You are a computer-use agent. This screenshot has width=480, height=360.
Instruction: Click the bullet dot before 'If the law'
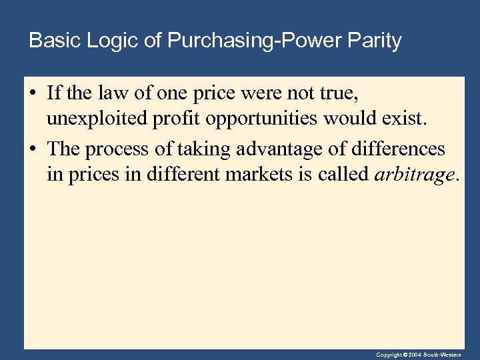point(33,92)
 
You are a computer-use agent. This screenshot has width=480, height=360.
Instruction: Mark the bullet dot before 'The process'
point(33,149)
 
